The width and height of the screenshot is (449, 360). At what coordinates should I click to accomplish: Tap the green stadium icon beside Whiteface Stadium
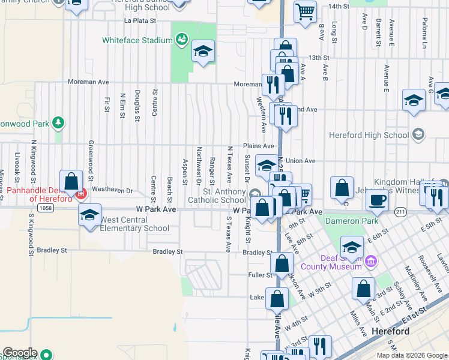(181, 40)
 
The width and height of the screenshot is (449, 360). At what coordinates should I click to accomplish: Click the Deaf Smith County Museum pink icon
(370, 261)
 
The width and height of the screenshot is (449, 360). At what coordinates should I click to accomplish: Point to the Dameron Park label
(352, 221)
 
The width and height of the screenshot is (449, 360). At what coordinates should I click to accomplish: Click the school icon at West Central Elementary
(89, 214)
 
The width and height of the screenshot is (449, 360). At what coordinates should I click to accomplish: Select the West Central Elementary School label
(134, 224)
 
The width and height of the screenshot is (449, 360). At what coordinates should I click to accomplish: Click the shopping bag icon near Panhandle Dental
(71, 181)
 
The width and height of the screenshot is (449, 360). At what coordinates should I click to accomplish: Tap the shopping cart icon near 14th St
(306, 11)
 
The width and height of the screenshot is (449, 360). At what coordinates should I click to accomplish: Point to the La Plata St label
(140, 20)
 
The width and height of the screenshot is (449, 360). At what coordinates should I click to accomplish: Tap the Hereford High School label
(370, 135)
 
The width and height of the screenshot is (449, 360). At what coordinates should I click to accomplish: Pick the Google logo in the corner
(20, 353)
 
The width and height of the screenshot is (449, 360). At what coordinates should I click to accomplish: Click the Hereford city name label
(391, 331)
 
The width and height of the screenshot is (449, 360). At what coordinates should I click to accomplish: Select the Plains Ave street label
(259, 146)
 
